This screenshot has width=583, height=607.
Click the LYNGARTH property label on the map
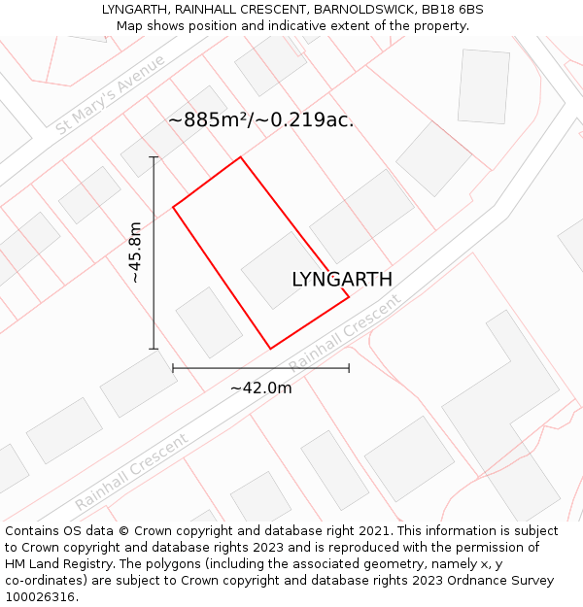pos(342,280)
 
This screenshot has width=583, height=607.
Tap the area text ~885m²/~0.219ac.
pos(260,120)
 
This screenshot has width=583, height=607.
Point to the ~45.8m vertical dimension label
pos(136,253)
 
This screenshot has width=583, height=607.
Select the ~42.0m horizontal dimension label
pos(260,388)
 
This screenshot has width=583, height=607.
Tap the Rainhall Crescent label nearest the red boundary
pos(345,333)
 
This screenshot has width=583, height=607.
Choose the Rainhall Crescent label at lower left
pos(132,473)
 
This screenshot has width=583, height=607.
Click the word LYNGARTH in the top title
pos(135,9)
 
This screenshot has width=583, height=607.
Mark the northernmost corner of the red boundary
pos(240,157)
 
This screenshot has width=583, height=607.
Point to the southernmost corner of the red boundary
pos(270,348)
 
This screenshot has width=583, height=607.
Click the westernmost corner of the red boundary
pos(173,207)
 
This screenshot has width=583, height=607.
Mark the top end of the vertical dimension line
pos(154,156)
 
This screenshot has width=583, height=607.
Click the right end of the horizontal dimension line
pos(349,368)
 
